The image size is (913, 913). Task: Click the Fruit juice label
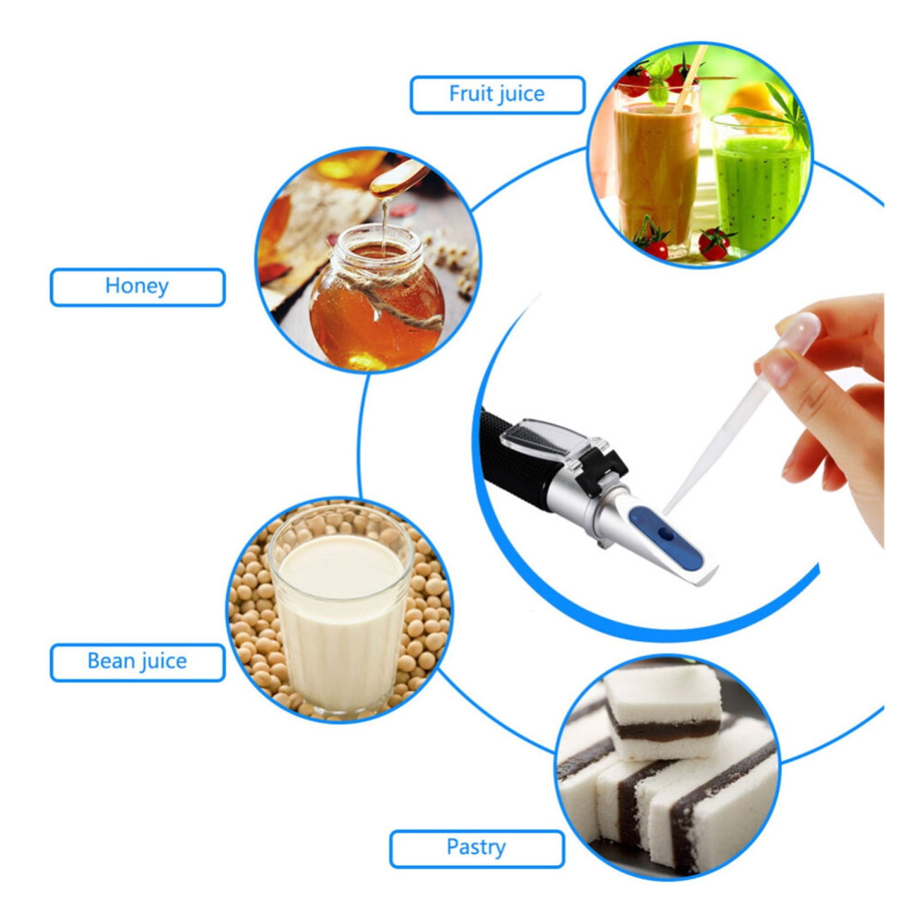click(497, 94)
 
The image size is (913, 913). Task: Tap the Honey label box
click(137, 287)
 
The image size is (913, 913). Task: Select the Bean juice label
click(137, 662)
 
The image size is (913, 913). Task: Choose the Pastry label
click(477, 848)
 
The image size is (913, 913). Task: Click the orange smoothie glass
click(657, 169)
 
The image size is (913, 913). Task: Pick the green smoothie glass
click(759, 185)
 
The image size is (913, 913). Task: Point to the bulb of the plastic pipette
click(798, 332)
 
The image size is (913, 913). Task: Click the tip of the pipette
click(666, 513)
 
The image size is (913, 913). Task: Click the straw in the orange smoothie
click(691, 78)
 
